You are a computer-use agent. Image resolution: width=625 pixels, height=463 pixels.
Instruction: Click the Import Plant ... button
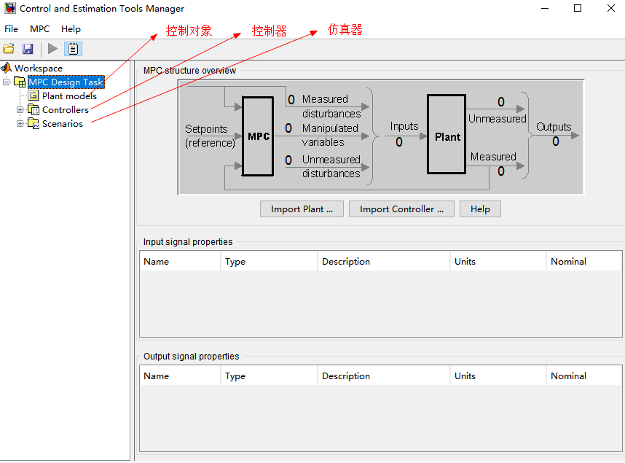coord(302,209)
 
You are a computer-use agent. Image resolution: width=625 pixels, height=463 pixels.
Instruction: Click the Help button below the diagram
coord(480,209)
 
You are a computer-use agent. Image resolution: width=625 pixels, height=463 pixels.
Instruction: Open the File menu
coord(12,29)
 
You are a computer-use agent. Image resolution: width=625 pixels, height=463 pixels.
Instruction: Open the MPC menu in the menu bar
coord(40,29)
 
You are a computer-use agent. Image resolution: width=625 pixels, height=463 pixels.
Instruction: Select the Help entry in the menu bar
coord(71,29)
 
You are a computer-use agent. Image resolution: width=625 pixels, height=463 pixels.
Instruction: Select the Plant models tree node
coord(69,96)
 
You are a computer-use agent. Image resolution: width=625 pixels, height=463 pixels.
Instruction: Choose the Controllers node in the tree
coord(66,110)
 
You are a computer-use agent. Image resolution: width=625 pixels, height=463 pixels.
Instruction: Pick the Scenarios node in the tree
coord(63,124)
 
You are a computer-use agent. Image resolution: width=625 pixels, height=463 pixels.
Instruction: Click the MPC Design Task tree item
coord(66,82)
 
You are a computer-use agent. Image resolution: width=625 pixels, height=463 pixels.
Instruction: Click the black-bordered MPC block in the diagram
coord(259,136)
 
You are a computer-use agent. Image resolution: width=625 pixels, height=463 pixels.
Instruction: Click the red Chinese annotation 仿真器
coord(345,30)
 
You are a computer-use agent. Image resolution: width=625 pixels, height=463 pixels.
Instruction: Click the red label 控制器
coord(269,31)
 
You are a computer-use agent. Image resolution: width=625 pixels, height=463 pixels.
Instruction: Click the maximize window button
coord(578,9)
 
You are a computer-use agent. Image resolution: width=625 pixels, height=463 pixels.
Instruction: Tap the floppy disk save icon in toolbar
coord(28,49)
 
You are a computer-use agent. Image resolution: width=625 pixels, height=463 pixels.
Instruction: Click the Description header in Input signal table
coord(346,262)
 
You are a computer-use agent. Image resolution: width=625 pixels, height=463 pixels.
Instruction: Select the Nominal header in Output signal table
coord(568,376)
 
